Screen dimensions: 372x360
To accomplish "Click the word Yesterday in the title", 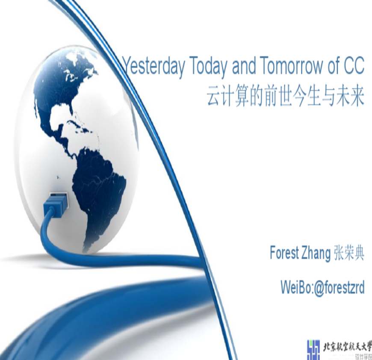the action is pos(154,67).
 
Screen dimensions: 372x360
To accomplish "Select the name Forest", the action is pos(284,253).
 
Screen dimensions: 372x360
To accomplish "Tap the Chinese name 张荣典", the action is pos(349,253).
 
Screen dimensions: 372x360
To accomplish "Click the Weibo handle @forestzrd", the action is pos(339,288).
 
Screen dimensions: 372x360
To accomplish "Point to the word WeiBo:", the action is pos(297,287).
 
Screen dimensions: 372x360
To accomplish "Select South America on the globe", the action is pos(100,192).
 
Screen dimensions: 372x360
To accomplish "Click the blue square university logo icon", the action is pos(313,350).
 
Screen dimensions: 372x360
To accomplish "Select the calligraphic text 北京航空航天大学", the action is pos(347,347).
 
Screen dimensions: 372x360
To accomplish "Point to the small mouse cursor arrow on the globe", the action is pos(58,177).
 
